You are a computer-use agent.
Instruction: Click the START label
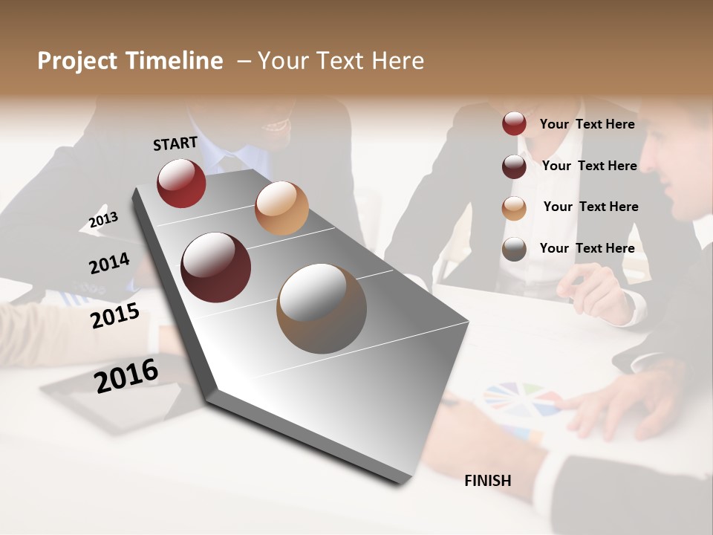coord(175,143)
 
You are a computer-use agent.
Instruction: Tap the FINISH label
coord(488,481)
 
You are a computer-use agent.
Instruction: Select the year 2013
coord(103,219)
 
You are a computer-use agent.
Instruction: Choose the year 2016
coord(126,375)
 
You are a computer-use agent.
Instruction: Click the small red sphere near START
coord(181,183)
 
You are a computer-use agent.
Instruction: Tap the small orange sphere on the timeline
coord(281,208)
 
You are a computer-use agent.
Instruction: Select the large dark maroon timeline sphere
coord(216,267)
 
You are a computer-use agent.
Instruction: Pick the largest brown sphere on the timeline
coord(322,308)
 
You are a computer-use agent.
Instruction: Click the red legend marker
coord(514,124)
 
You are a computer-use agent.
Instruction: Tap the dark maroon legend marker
coord(514,166)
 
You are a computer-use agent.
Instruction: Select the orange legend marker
coord(514,208)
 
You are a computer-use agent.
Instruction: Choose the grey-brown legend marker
coord(514,250)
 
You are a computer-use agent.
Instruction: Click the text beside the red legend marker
coord(587,124)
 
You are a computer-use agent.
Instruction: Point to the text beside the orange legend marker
coord(590,207)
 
